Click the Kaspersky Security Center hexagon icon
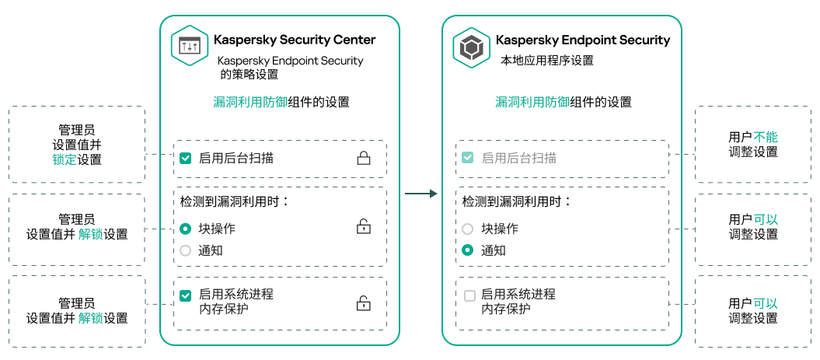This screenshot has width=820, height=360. point(190,47)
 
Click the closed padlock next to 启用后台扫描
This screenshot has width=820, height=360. point(363,159)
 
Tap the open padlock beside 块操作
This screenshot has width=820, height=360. point(363,227)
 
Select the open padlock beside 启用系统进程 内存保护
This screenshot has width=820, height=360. point(363,303)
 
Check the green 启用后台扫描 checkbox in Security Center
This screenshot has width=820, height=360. point(185,159)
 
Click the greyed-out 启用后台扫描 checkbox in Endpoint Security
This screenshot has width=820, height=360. point(467,159)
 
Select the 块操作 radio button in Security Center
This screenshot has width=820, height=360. point(185,229)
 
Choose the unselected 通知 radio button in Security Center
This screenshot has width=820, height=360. point(185,250)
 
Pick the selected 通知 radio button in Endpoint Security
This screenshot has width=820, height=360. point(467,250)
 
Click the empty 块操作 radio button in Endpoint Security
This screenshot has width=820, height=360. point(467,229)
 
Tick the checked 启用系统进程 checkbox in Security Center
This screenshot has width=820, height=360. point(185,295)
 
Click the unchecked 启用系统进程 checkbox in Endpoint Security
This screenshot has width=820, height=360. point(469,295)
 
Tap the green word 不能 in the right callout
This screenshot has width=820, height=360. point(766,137)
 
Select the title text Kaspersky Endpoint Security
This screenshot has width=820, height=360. point(582,40)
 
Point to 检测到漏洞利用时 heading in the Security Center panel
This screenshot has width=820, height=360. point(234,201)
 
